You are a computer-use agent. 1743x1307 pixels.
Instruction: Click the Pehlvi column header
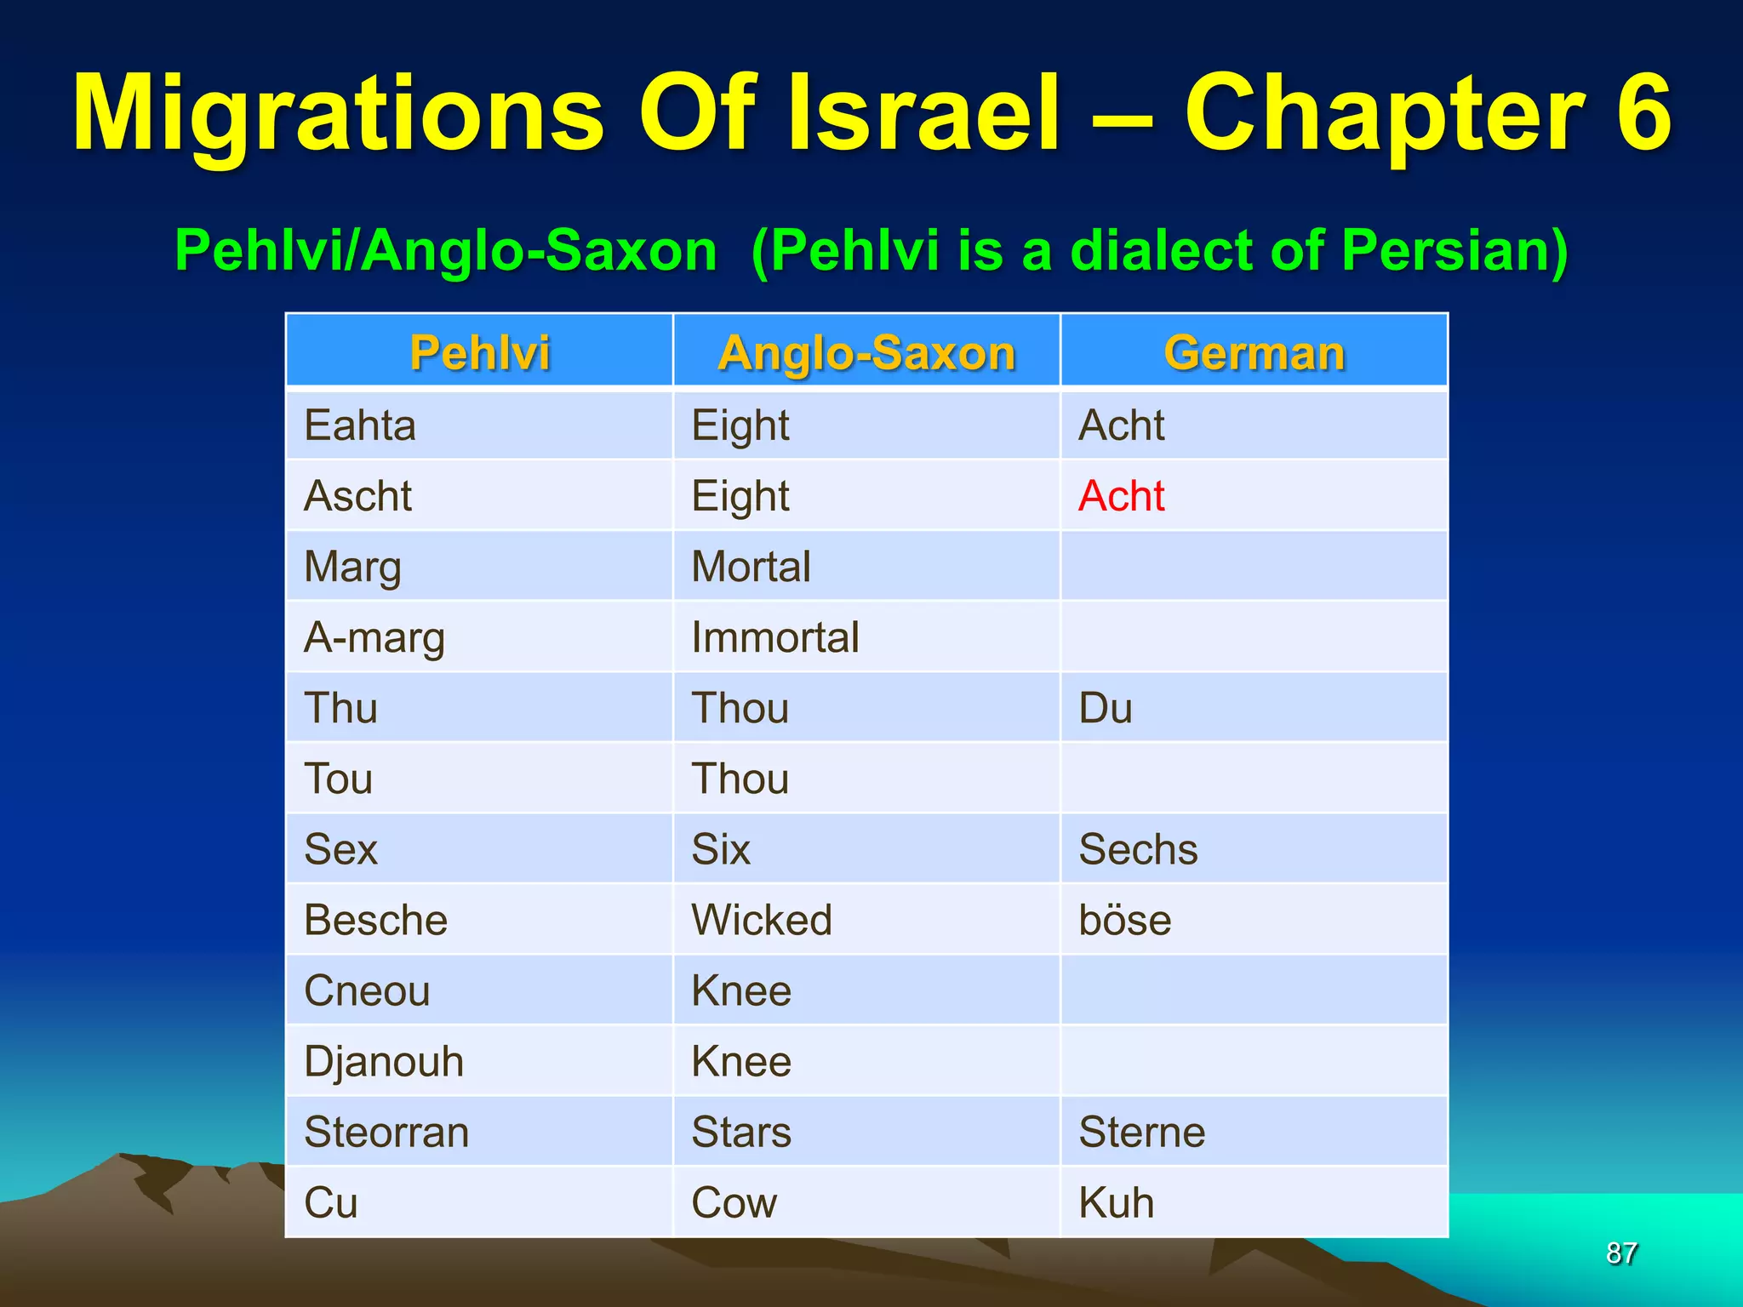pyautogui.click(x=479, y=352)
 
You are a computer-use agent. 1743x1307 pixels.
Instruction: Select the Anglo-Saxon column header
pyautogui.click(x=866, y=352)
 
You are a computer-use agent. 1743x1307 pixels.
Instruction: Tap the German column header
pyautogui.click(x=1254, y=352)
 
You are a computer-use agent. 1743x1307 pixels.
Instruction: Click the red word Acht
pyautogui.click(x=1121, y=496)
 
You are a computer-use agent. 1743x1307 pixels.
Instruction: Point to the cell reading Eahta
pyautogui.click(x=360, y=425)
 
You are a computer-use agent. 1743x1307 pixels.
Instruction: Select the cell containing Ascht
pyautogui.click(x=357, y=496)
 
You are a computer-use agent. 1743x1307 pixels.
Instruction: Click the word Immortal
pyautogui.click(x=774, y=637)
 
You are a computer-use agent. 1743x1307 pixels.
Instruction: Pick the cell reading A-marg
pyautogui.click(x=374, y=637)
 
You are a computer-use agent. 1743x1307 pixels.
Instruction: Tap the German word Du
pyautogui.click(x=1105, y=708)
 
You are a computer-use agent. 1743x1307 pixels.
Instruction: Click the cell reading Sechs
pyautogui.click(x=1138, y=849)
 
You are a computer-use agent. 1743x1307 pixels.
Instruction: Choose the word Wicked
pyautogui.click(x=761, y=920)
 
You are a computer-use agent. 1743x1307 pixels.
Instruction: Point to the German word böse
pyautogui.click(x=1124, y=920)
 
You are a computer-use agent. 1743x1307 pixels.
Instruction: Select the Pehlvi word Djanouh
pyautogui.click(x=384, y=1061)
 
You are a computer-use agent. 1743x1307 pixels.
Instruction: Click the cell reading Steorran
pyautogui.click(x=386, y=1132)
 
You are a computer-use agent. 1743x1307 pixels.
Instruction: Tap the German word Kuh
pyautogui.click(x=1116, y=1202)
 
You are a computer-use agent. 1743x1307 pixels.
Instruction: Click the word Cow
pyautogui.click(x=734, y=1202)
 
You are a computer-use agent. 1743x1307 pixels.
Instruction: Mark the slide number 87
pyautogui.click(x=1621, y=1253)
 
